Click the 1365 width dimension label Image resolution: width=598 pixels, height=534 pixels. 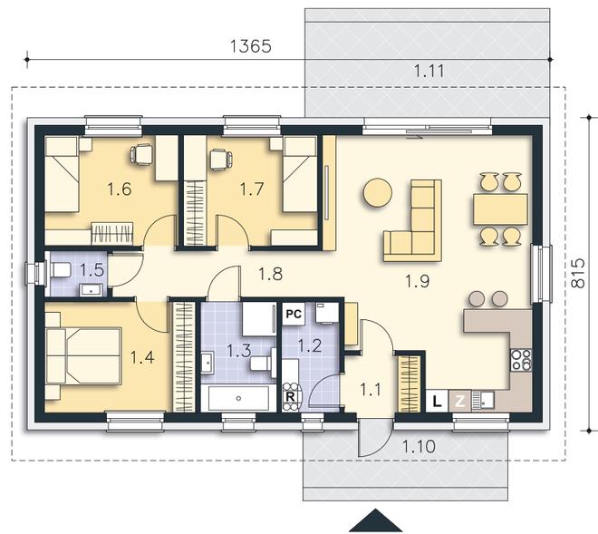[x=251, y=46]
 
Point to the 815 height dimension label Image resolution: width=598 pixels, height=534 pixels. [x=578, y=273]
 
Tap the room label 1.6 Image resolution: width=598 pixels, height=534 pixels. [x=120, y=189]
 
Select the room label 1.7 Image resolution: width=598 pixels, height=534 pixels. [x=252, y=189]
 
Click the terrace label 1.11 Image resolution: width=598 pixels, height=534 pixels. [x=429, y=71]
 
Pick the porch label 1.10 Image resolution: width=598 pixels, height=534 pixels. [x=419, y=446]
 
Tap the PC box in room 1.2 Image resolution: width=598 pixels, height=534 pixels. [x=294, y=314]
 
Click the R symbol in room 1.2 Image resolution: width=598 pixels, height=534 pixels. [x=290, y=397]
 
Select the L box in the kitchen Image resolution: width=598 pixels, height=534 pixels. [x=437, y=401]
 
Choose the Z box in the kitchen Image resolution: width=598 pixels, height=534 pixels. [x=460, y=401]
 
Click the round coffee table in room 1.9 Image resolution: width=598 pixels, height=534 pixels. [x=377, y=193]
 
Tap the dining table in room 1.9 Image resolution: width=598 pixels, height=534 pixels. [x=500, y=209]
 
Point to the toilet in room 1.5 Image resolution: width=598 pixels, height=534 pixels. [x=60, y=270]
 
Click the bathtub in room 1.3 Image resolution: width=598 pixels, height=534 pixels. [x=238, y=398]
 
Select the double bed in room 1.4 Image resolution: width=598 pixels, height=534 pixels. [x=83, y=355]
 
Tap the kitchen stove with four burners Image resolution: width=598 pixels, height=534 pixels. [x=521, y=360]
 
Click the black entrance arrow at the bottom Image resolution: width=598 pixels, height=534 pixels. [x=376, y=520]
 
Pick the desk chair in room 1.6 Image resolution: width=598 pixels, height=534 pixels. [x=140, y=155]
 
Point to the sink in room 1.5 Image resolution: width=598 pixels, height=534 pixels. [x=91, y=290]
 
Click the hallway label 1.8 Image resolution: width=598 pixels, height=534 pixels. [x=270, y=274]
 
